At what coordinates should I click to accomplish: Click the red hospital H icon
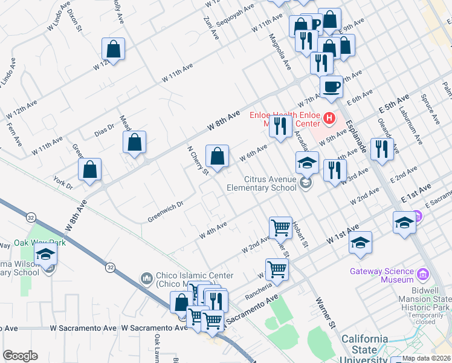tap(329, 118)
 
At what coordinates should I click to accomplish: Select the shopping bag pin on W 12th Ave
tap(113, 48)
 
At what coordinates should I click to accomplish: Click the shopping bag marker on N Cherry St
tap(217, 156)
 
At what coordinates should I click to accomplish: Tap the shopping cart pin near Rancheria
tap(277, 270)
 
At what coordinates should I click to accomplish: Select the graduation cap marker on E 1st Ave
tap(404, 223)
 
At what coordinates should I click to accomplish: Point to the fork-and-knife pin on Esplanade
tap(382, 149)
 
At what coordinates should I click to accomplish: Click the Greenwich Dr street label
tap(165, 212)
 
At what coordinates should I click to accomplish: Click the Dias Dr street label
tap(105, 128)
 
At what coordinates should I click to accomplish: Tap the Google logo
tap(20, 356)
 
